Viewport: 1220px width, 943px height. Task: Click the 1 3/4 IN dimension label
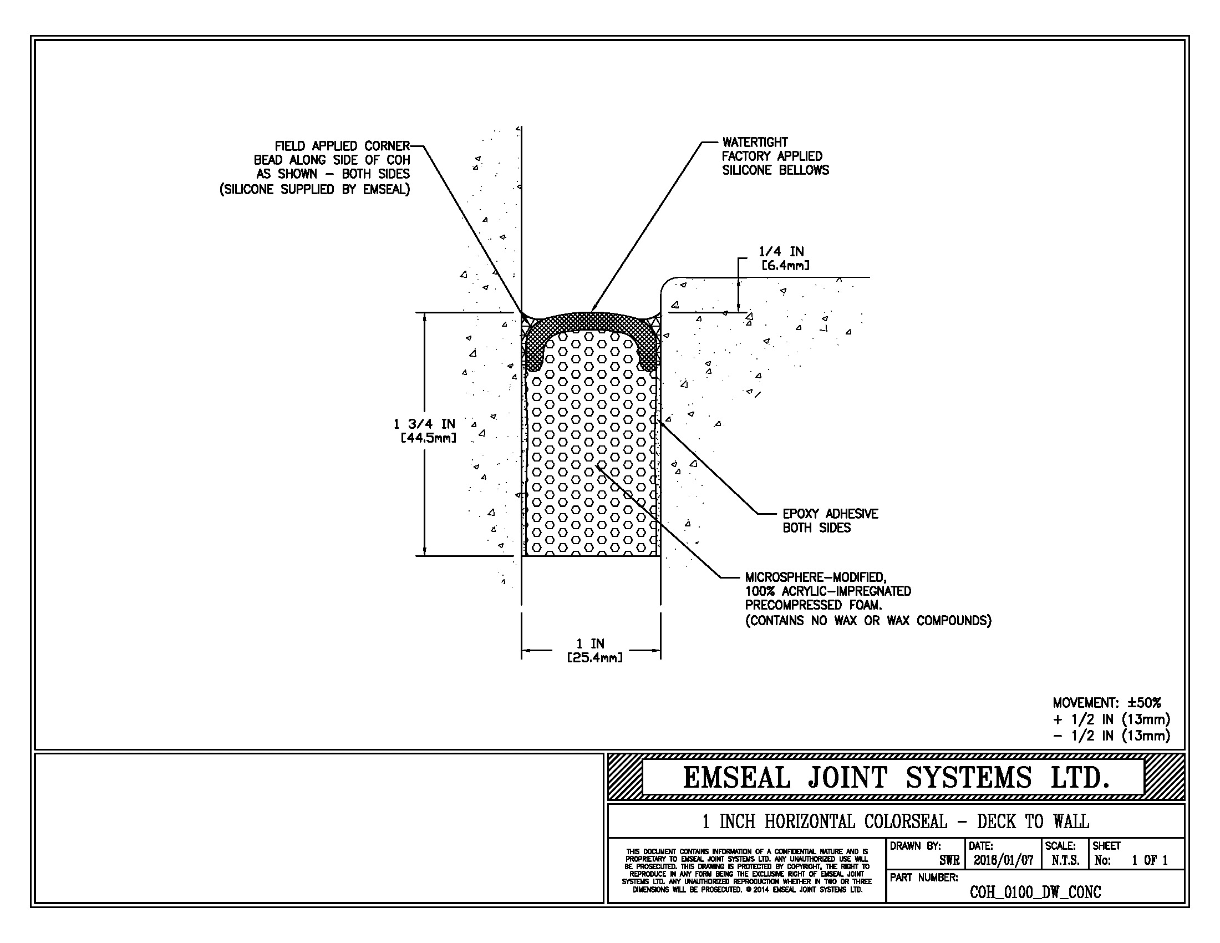click(425, 424)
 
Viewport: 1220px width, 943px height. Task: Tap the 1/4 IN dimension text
click(781, 251)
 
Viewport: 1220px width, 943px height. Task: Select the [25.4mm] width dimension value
click(594, 658)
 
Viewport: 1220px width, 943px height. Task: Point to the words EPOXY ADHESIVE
click(830, 514)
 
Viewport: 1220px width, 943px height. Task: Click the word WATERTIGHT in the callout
click(755, 143)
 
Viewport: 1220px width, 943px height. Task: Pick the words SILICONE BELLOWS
click(775, 170)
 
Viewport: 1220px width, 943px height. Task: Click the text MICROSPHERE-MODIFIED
click(816, 577)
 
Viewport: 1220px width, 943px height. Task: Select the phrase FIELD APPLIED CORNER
click(342, 146)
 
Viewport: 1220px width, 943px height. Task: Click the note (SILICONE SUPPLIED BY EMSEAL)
click(314, 189)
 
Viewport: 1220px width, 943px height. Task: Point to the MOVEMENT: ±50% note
click(1107, 703)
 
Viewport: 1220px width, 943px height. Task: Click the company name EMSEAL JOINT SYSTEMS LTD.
click(896, 778)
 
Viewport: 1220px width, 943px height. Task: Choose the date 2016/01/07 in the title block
click(1003, 860)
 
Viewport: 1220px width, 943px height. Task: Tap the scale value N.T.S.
click(1065, 860)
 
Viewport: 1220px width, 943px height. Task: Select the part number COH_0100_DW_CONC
click(1035, 892)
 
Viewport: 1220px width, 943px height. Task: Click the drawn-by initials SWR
click(949, 860)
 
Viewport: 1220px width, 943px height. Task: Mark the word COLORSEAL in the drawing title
click(906, 822)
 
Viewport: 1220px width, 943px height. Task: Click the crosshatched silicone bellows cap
click(591, 323)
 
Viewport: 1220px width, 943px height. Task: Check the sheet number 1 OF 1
click(1149, 860)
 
